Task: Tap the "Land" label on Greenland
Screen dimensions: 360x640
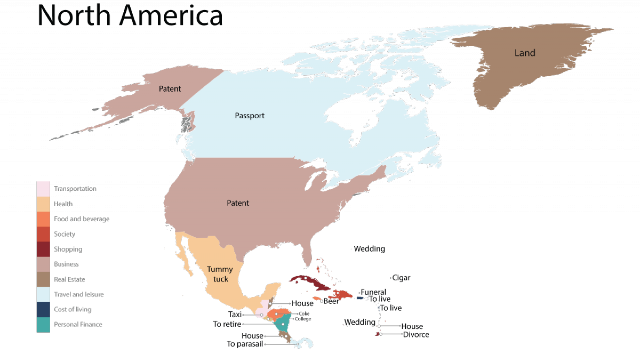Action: [525, 53]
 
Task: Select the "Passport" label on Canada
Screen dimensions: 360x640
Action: [249, 116]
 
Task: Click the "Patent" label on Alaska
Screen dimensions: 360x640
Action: [170, 89]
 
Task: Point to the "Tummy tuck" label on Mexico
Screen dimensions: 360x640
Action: [220, 274]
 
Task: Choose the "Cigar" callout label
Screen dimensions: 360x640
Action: [401, 278]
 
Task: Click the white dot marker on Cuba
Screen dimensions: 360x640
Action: [305, 278]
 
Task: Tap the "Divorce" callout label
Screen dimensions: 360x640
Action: [416, 335]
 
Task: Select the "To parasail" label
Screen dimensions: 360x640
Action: [245, 344]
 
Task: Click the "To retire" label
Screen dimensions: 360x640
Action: [227, 324]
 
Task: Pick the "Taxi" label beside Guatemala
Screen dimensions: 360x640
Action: [235, 314]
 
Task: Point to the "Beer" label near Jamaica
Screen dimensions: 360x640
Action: [331, 301]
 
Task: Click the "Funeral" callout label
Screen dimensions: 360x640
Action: [374, 292]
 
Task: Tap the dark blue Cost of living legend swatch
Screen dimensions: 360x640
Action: [43, 309]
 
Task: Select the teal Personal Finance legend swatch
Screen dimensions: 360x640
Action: [43, 325]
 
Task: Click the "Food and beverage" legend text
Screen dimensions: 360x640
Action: [82, 219]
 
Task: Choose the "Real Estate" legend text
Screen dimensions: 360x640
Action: [70, 279]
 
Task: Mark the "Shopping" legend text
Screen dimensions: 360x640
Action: [68, 249]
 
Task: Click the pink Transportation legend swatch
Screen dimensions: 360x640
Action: [43, 189]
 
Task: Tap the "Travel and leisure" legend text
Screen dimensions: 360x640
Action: [79, 294]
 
